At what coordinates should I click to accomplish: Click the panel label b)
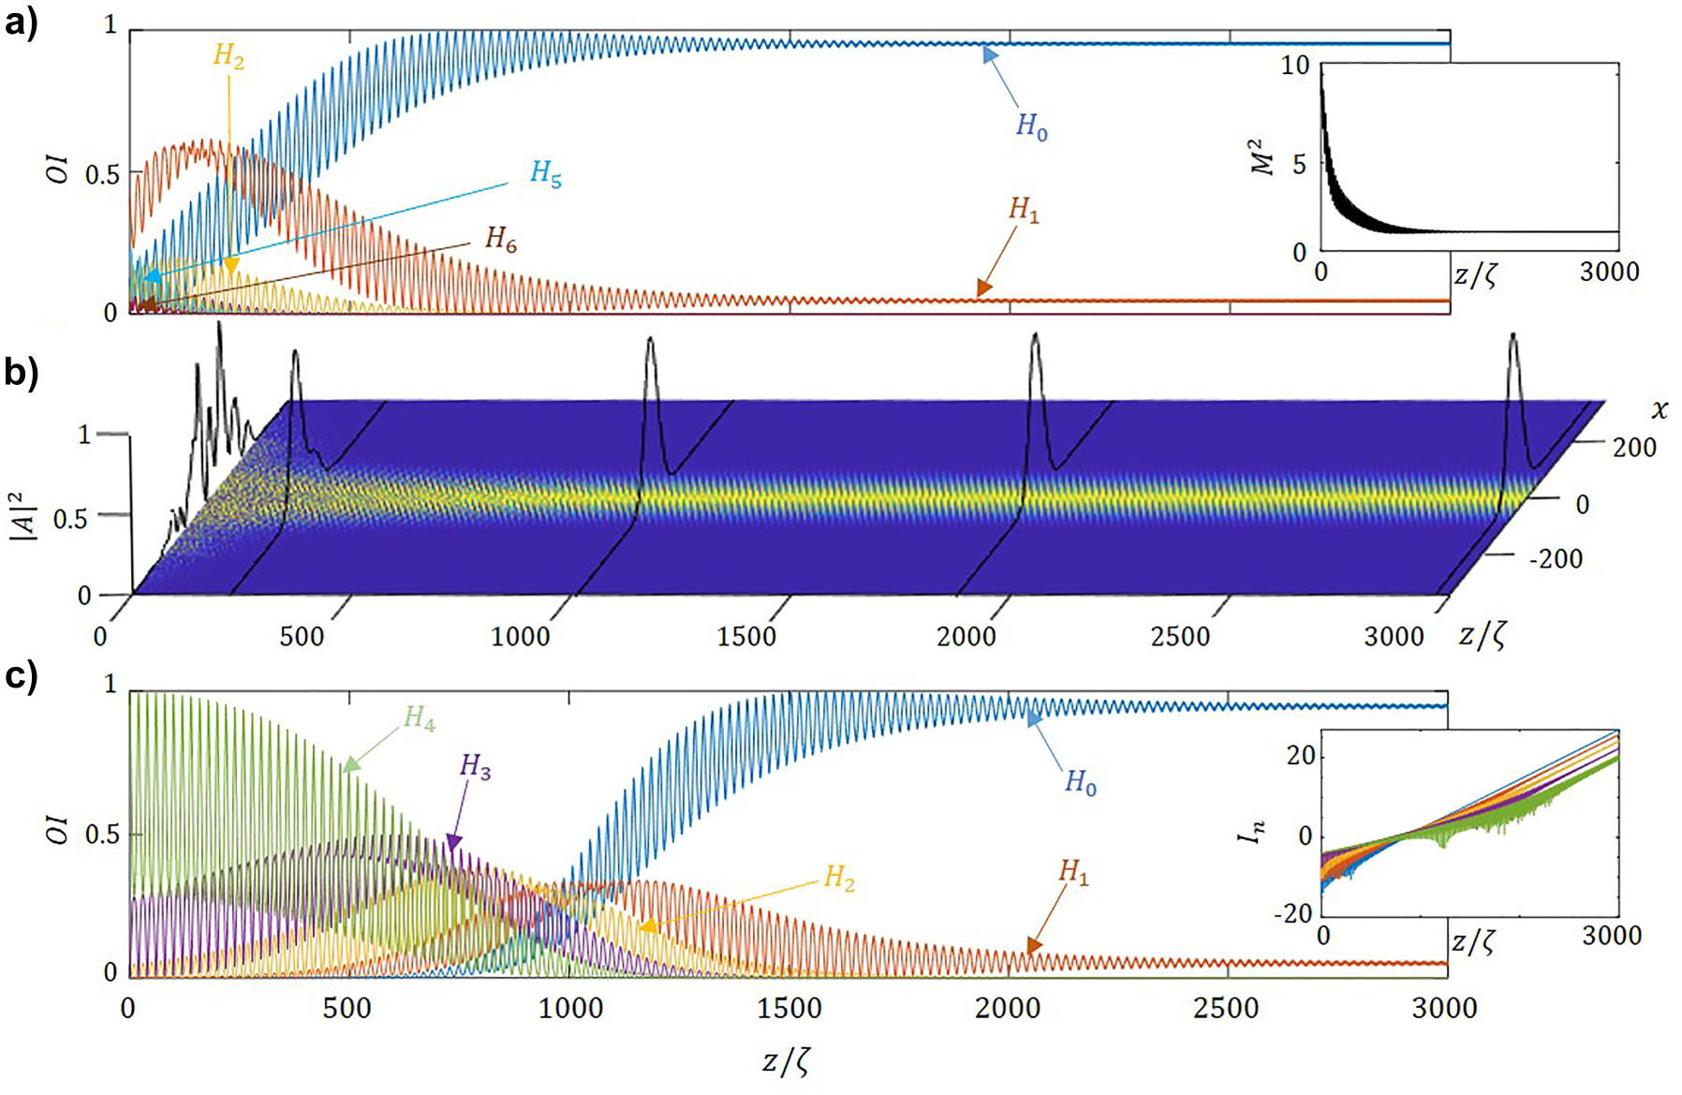point(21,373)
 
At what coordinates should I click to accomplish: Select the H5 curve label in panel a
point(546,173)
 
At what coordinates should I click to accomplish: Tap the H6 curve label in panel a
point(501,240)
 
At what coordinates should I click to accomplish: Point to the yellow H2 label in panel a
point(229,56)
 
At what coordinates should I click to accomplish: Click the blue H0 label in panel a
point(1032,126)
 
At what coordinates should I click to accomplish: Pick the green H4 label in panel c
point(420,719)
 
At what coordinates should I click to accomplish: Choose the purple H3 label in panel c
point(476,767)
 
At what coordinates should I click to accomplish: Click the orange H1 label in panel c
point(1074,873)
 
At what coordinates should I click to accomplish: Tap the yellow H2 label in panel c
point(839,879)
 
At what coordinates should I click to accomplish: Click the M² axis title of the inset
point(1263,157)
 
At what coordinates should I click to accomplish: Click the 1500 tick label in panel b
point(746,637)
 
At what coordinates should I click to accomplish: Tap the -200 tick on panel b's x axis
point(1556,559)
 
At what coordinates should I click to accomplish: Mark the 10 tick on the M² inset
point(1295,67)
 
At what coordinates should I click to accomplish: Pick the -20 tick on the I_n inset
point(1292,913)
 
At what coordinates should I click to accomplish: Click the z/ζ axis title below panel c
point(785,1061)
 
